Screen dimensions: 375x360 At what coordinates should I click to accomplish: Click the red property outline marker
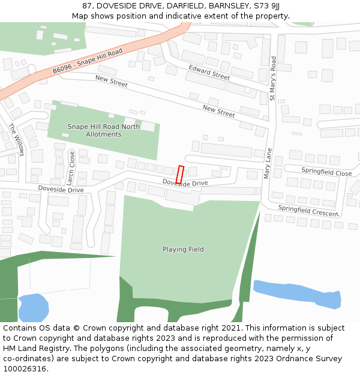coord(179,175)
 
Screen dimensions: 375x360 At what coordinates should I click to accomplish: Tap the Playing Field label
coord(183,250)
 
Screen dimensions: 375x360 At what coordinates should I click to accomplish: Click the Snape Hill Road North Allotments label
coord(103,131)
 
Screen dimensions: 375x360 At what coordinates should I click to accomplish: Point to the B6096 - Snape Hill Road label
coord(87,62)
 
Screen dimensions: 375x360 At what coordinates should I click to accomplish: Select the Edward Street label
coord(209,73)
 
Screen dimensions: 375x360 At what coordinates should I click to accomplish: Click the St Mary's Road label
coord(272,78)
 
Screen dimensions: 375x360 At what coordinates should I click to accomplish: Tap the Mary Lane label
coord(268,163)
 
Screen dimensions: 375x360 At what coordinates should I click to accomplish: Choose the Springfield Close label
coord(326,172)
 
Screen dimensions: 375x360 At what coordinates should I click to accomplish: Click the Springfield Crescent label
coord(308,211)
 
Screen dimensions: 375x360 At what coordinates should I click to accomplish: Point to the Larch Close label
coord(71,167)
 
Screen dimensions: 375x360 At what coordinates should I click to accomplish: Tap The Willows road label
coord(16,140)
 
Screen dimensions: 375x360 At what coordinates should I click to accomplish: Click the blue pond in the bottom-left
coord(33,307)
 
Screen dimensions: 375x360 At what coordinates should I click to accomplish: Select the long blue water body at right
coord(297,294)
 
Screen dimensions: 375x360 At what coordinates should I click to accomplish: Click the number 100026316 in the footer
coord(24,368)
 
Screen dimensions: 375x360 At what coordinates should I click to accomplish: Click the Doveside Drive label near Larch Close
coord(61,189)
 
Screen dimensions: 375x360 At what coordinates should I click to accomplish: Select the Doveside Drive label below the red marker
coord(185,182)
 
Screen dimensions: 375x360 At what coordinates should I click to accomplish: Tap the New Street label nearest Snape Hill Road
coord(111,82)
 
